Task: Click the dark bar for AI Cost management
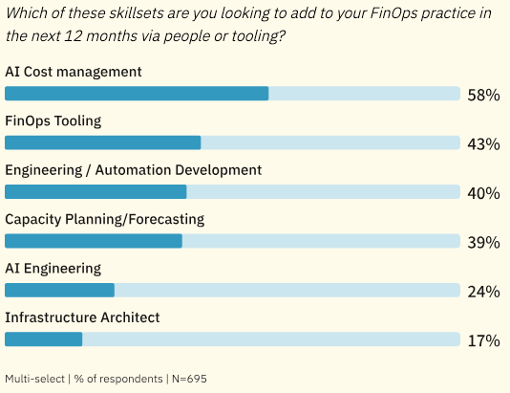137,94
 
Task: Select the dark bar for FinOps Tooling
103,142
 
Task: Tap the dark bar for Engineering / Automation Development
96,191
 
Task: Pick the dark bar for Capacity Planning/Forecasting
94,241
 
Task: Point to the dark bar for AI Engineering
59,290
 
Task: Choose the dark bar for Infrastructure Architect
44,338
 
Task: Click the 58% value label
483,96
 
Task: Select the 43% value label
483,144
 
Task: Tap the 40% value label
483,193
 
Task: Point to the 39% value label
483,243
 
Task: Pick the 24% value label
483,292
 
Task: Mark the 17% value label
483,340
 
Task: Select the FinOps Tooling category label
53,120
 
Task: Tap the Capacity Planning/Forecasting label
105,219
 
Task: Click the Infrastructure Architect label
82,317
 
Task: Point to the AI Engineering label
53,268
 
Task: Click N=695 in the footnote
188,379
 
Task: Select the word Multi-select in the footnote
34,379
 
